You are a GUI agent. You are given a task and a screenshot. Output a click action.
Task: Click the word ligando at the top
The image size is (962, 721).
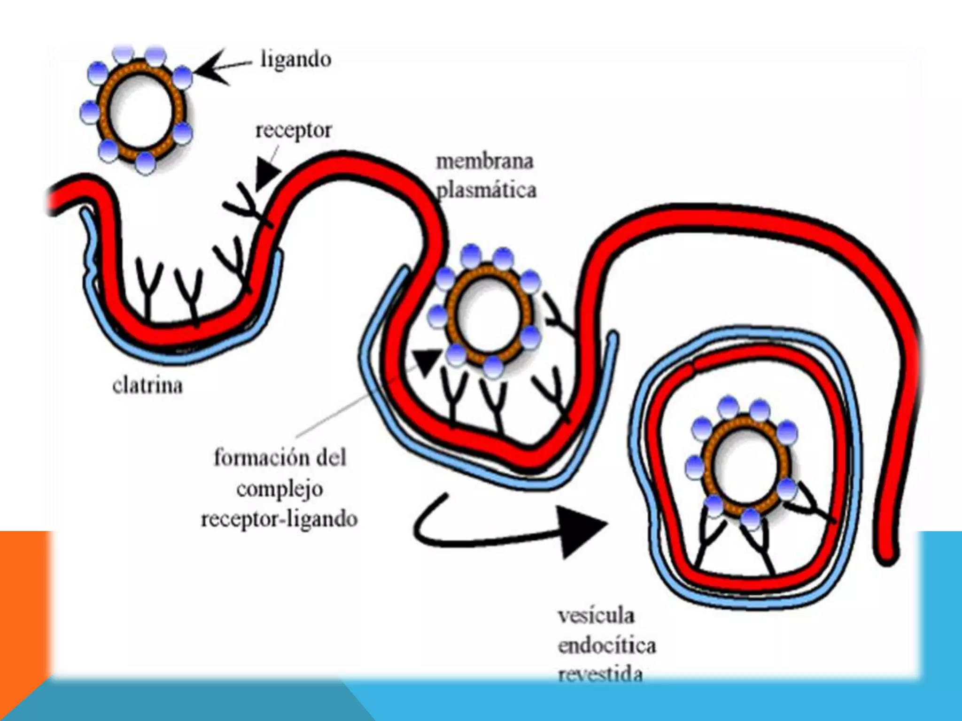pyautogui.click(x=296, y=60)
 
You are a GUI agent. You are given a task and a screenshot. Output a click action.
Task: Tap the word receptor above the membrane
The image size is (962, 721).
pyautogui.click(x=294, y=130)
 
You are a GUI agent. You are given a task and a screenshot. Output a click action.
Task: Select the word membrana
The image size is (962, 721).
pyautogui.click(x=485, y=162)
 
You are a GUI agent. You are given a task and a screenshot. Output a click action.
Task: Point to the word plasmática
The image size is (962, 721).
pyautogui.click(x=487, y=191)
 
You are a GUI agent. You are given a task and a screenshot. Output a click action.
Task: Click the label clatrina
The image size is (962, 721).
pyautogui.click(x=147, y=385)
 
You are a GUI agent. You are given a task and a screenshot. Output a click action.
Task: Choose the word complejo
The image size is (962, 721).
pyautogui.click(x=280, y=489)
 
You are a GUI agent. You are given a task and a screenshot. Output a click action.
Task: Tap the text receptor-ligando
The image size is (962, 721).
pyautogui.click(x=279, y=519)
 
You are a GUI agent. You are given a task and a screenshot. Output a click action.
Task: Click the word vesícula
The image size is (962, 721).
pyautogui.click(x=596, y=615)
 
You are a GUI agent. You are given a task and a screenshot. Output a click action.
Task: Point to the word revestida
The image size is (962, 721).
pyautogui.click(x=600, y=674)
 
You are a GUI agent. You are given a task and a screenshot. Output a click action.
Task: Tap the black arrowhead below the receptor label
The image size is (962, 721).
pyautogui.click(x=267, y=172)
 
